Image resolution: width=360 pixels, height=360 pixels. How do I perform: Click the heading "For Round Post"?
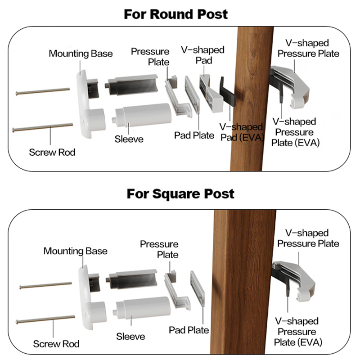[x=176, y=14]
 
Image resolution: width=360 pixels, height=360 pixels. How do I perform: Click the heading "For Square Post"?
[x=180, y=194]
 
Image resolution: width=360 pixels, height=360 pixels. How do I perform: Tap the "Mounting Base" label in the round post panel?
[x=81, y=54]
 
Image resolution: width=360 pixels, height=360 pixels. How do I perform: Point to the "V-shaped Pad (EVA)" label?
[x=241, y=132]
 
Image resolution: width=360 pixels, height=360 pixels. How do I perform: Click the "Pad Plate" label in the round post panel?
[x=194, y=135]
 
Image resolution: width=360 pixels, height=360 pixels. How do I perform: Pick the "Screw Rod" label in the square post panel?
[x=56, y=344]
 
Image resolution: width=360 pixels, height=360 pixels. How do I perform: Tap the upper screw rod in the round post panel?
[x=43, y=91]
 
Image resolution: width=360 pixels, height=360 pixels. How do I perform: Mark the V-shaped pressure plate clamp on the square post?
[x=295, y=279]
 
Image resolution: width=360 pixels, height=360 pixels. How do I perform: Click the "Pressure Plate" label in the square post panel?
[x=159, y=249]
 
